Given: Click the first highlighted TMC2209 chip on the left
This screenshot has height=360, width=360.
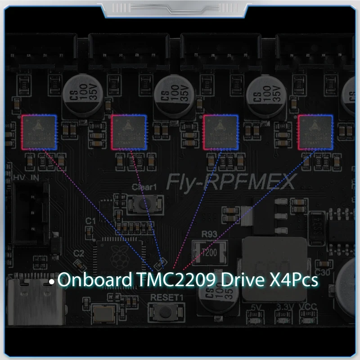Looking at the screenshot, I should pyautogui.click(x=39, y=131).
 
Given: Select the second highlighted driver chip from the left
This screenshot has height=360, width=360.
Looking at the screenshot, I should pyautogui.click(x=129, y=131).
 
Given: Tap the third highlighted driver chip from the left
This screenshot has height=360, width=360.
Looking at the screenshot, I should pyautogui.click(x=221, y=131).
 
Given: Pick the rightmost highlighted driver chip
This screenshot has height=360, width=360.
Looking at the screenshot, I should pyautogui.click(x=315, y=131).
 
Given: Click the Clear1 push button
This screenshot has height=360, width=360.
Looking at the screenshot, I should pyautogui.click(x=142, y=203).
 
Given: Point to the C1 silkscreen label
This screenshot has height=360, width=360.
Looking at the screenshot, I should pyautogui.click(x=91, y=221).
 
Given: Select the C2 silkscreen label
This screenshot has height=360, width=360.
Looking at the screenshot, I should pyautogui.click(x=79, y=254).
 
